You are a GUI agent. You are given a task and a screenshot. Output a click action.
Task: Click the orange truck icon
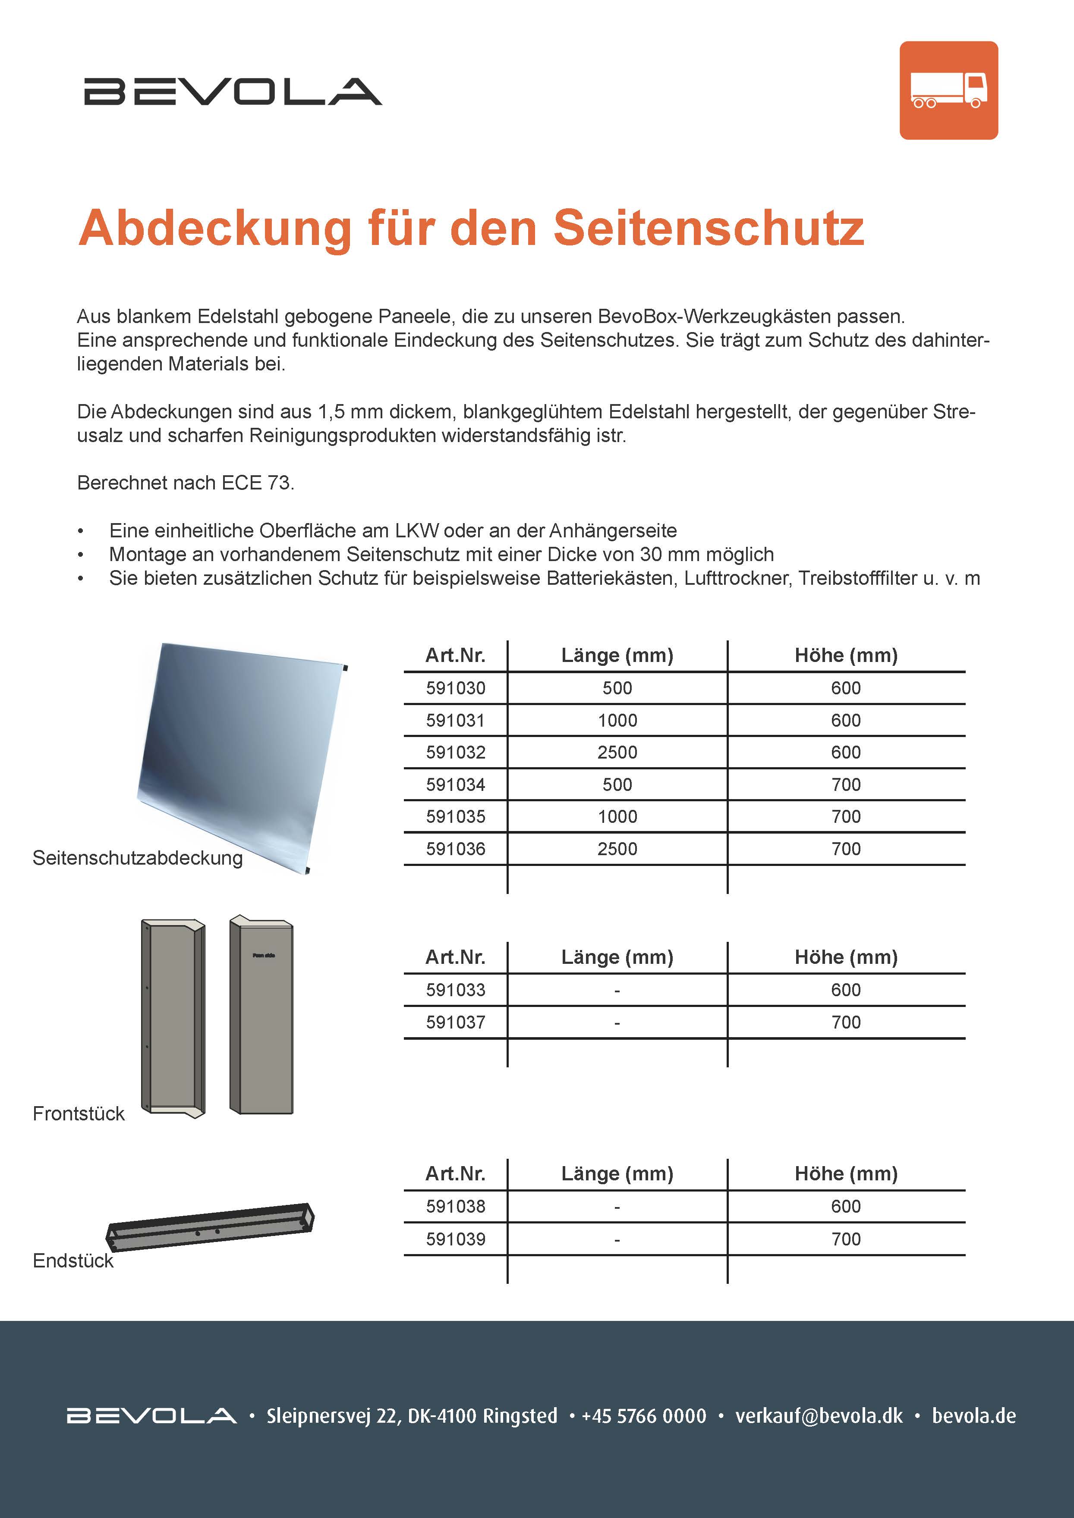pos(948,91)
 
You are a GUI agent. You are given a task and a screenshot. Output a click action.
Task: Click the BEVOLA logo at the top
pos(233,92)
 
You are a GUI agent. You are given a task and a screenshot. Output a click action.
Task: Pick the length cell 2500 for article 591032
pos(617,753)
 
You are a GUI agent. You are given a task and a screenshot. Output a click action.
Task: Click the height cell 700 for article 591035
pos(846,816)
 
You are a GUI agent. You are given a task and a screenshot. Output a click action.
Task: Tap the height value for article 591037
pos(846,1022)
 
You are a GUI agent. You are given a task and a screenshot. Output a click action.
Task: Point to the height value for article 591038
pos(846,1207)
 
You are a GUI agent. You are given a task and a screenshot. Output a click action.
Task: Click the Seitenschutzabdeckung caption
pos(138,858)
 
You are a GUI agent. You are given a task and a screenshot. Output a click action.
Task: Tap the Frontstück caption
pos(79,1114)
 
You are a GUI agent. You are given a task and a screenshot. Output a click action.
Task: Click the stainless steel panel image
pos(241,754)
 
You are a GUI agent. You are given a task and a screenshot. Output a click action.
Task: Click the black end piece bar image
pos(210,1227)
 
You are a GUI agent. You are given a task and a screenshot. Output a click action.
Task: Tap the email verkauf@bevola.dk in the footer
pos(819,1415)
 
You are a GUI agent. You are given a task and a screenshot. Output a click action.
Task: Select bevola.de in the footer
pos(973,1415)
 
